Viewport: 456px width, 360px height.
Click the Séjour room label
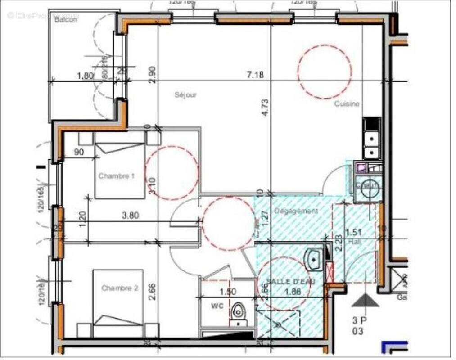coord(186,95)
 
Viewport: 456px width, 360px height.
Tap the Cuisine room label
coord(347,104)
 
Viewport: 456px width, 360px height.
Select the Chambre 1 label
coord(116,176)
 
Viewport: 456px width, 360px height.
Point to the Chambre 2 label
coord(119,288)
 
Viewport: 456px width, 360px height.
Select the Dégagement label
coord(296,211)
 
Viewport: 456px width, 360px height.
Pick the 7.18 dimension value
coord(255,75)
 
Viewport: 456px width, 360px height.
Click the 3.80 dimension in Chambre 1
coord(130,215)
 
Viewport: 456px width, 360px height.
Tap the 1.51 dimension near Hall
coord(353,233)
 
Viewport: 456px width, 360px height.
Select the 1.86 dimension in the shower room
coord(293,291)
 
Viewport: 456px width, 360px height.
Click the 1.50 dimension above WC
coord(228,292)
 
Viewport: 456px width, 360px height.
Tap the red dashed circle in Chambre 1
coord(171,173)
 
